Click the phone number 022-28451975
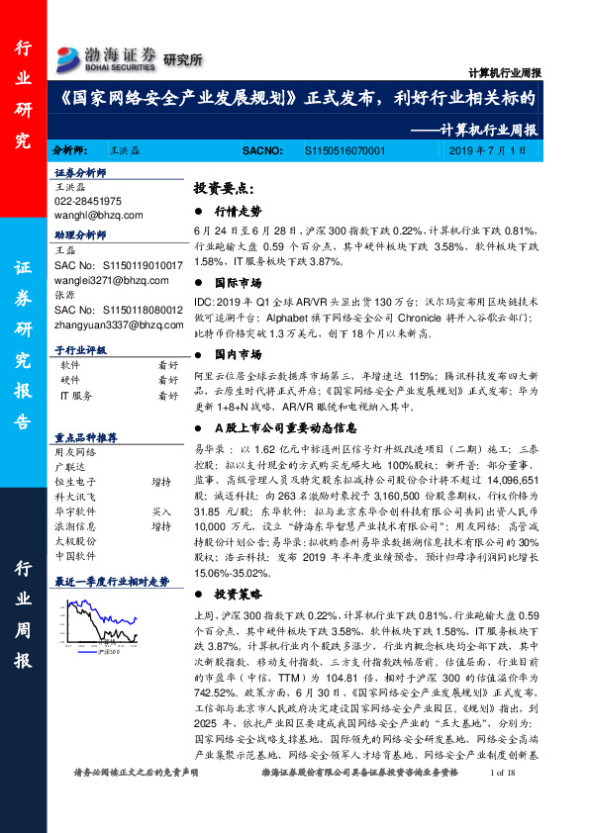click(87, 201)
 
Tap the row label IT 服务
click(76, 395)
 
